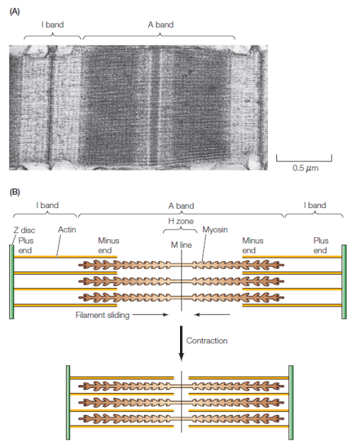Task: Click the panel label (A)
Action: coord(14,11)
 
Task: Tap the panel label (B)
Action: coord(14,192)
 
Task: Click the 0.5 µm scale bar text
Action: coord(305,168)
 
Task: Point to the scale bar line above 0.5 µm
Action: coord(304,161)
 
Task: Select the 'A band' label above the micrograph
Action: coord(161,25)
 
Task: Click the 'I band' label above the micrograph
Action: coord(52,25)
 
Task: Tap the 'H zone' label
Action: coord(181,221)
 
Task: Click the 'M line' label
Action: coord(181,245)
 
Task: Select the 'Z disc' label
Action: coord(24,230)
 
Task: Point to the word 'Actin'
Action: coord(67,229)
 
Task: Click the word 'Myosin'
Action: coord(215,230)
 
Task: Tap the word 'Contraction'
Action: coord(207,341)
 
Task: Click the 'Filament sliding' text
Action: coord(102,315)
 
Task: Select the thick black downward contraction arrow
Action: coord(181,343)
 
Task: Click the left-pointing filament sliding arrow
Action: coord(212,314)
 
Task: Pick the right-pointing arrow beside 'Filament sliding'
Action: coord(151,314)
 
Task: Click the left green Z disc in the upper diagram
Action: coord(11,282)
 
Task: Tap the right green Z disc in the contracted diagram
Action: coord(291,403)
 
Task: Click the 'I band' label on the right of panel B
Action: coord(315,205)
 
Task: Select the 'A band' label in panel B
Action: coord(181,205)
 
